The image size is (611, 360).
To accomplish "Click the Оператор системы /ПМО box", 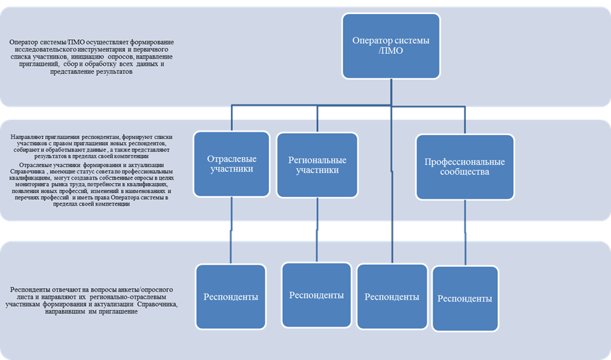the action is click(x=391, y=46).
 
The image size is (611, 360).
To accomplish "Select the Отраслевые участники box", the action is click(x=232, y=164).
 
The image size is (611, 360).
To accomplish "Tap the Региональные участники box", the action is click(x=317, y=165).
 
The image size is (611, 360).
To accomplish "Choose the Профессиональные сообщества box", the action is click(x=465, y=167).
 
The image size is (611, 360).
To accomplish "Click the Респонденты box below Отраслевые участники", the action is click(x=231, y=297).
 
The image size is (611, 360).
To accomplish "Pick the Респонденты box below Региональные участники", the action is click(x=316, y=295).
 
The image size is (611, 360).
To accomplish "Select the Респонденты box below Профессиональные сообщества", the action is click(x=465, y=299).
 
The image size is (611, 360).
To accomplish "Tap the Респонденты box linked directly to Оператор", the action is click(x=392, y=297).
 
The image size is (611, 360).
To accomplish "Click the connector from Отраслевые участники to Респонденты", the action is click(x=231, y=230).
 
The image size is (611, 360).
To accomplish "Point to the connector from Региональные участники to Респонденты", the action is click(x=317, y=230).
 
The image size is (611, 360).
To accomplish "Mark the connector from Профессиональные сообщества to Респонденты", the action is click(x=465, y=233).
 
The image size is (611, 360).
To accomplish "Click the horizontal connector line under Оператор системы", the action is click(x=348, y=106).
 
